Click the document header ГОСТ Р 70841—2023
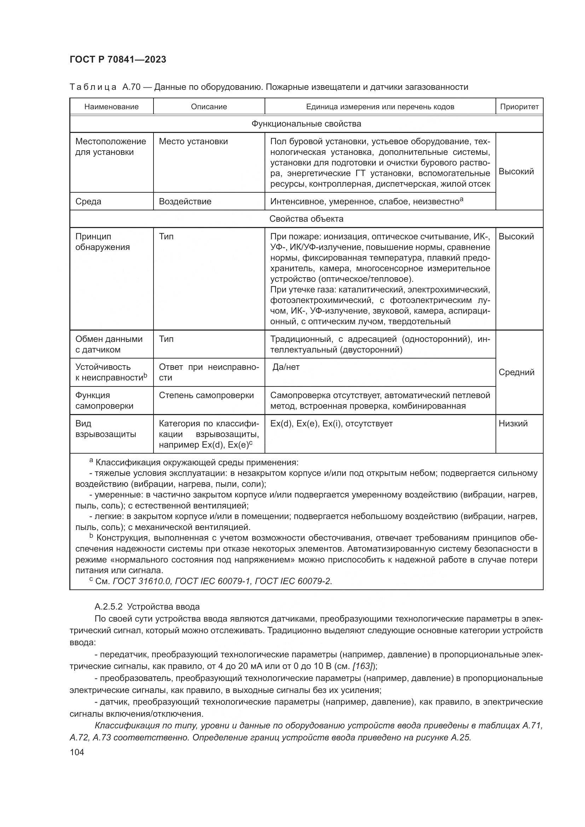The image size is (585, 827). coord(118,60)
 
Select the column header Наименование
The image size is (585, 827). coord(111,107)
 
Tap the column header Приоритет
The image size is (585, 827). coord(519,107)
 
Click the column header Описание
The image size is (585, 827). coord(209,107)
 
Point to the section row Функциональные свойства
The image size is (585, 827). coord(306,124)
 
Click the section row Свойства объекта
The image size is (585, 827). coord(306,219)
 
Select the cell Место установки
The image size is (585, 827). coord(193,141)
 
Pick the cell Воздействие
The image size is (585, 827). coord(185,201)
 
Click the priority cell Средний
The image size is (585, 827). coord(516,372)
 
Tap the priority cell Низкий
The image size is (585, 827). coord(513,424)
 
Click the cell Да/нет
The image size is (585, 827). coord(286,367)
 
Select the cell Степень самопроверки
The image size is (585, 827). coord(207,395)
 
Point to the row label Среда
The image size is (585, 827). coord(88,201)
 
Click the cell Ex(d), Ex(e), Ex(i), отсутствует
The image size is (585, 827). coord(331,424)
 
